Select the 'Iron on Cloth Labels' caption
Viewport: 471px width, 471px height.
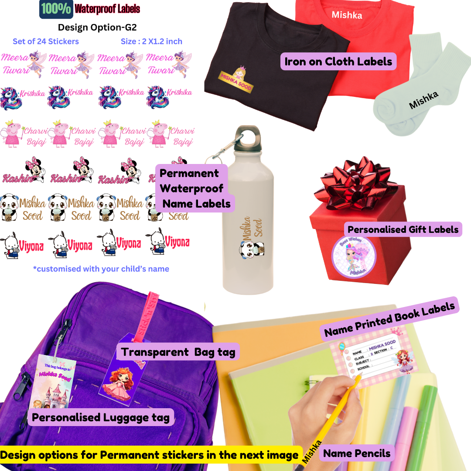[338, 61]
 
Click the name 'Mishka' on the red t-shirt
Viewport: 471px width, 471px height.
[347, 15]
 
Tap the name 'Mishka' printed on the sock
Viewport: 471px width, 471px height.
[423, 99]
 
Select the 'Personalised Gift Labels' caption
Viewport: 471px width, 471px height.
[403, 229]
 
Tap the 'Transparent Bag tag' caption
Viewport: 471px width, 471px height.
[178, 352]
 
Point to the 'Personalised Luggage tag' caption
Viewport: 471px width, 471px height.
[101, 417]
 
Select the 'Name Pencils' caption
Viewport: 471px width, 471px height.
[357, 453]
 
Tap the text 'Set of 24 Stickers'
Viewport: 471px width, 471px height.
[46, 42]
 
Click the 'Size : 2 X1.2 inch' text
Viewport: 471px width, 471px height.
[151, 42]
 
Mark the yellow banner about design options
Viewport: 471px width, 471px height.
[150, 455]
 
